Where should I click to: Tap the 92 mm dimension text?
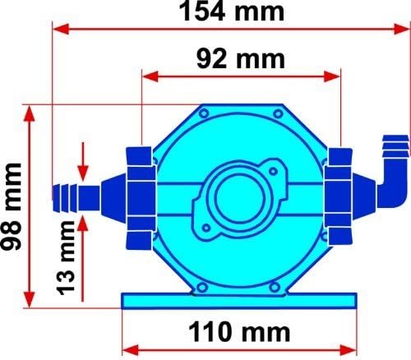point(241,59)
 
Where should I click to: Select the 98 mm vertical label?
point(12,205)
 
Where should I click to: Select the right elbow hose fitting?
point(390,173)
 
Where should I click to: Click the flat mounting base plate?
point(239,299)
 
